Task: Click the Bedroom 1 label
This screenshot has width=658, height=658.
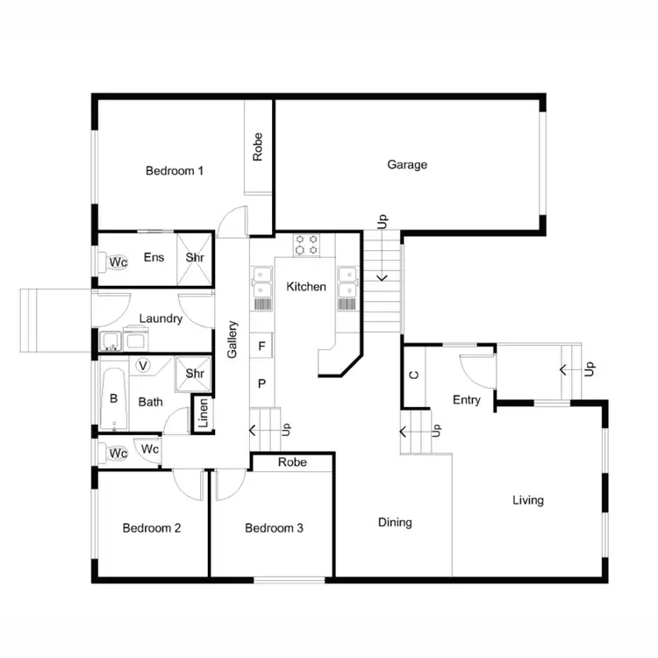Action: pos(175,171)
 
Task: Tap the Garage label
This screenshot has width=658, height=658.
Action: pos(407,164)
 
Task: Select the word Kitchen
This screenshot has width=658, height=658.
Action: pos(306,287)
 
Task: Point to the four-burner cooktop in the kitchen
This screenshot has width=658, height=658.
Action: pos(306,244)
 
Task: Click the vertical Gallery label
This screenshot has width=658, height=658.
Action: pos(233,340)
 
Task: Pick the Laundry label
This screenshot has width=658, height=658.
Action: pos(161,318)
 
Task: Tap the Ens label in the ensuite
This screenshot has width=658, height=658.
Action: pos(154,257)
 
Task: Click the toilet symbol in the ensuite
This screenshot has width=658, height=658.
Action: pos(117,261)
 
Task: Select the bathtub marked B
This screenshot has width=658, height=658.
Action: pos(113,397)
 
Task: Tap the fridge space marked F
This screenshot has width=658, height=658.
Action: pos(261,347)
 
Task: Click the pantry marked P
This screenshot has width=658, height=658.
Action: pos(261,383)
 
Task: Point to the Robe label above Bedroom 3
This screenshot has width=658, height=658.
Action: pos(292,461)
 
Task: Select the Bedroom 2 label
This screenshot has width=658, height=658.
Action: pos(152,528)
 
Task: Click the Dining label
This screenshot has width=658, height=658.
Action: pos(395,522)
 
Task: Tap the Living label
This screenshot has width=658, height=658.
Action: pos(528,500)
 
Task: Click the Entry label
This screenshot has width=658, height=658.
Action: pos(467,400)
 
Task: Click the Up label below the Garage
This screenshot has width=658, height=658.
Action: pos(383,221)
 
